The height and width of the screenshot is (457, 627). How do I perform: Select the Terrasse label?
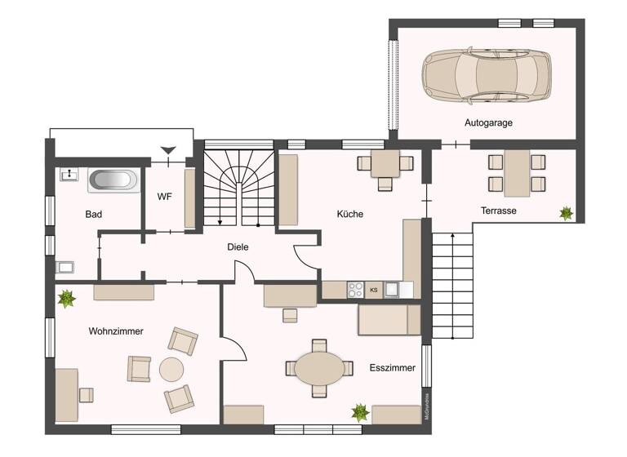click(x=498, y=211)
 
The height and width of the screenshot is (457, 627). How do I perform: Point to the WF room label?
click(x=164, y=196)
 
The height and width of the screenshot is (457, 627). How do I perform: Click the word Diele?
click(x=238, y=246)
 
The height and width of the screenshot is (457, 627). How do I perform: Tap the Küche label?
click(x=350, y=214)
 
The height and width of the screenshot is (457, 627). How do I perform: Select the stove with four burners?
click(x=356, y=289)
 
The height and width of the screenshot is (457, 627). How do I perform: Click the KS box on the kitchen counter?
click(x=374, y=290)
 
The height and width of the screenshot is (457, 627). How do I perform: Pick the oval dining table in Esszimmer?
click(x=320, y=369)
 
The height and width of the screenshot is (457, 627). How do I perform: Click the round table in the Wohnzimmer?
click(x=172, y=370)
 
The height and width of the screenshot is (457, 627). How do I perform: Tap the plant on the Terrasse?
click(x=566, y=213)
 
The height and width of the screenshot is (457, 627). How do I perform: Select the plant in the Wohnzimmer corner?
click(x=66, y=299)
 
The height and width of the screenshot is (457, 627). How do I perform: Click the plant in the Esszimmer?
click(x=359, y=412)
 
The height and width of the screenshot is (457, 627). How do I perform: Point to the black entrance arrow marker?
click(x=167, y=150)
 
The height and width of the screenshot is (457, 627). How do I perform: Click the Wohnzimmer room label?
click(x=116, y=331)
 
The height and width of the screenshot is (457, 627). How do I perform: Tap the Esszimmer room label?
click(x=392, y=367)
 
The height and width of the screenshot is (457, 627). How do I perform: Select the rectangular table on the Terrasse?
click(x=516, y=172)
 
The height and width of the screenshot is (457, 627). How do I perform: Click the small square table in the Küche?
click(x=385, y=164)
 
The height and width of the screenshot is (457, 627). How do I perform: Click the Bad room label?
click(x=94, y=215)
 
